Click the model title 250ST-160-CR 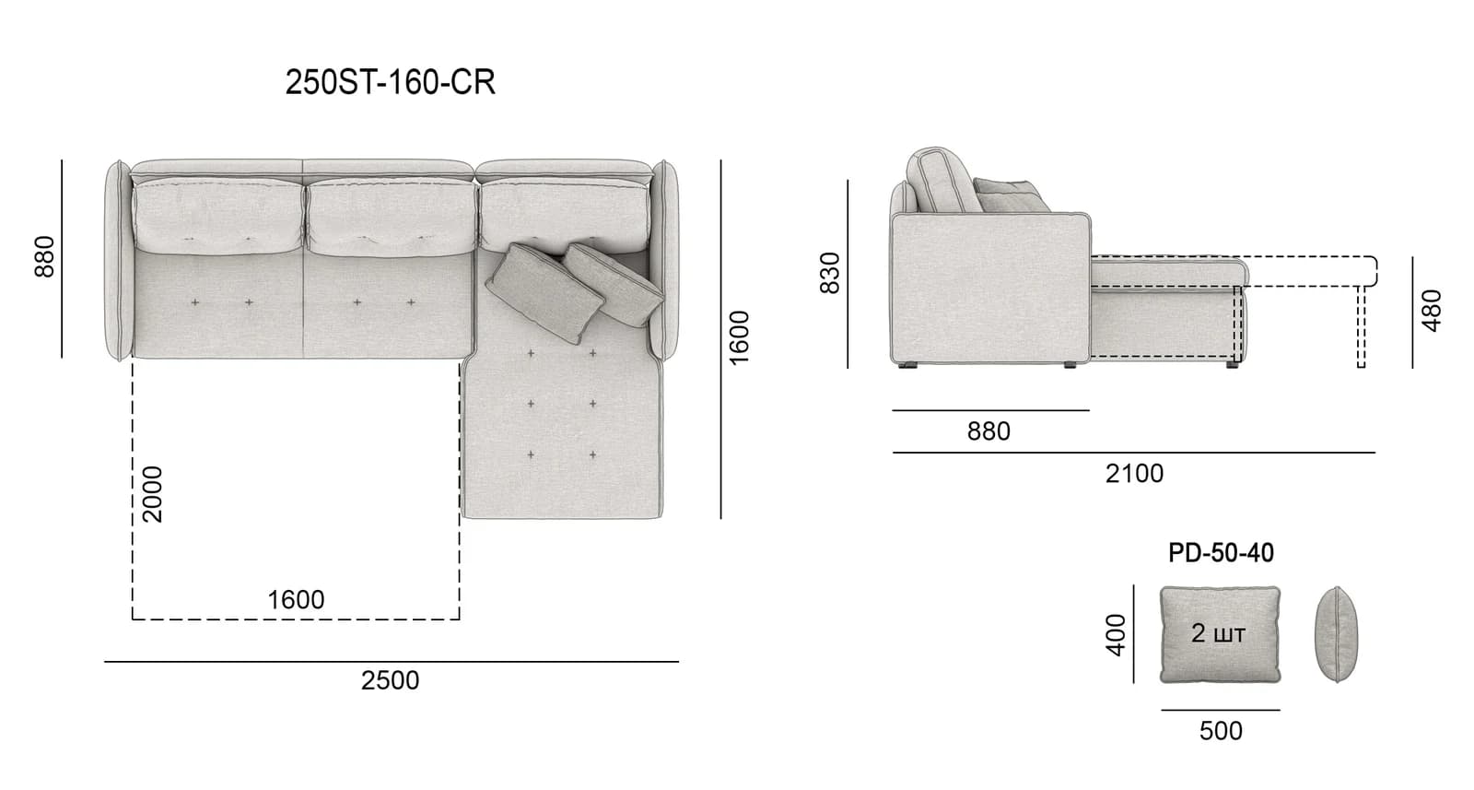click(x=391, y=83)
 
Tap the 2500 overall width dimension click(x=390, y=680)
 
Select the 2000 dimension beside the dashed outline click(x=153, y=494)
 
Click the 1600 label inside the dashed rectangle click(x=296, y=600)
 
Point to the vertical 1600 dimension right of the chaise click(x=740, y=337)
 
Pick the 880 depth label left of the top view click(x=45, y=257)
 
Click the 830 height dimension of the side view click(x=830, y=273)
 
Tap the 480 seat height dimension click(x=1432, y=311)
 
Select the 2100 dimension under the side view click(x=1134, y=474)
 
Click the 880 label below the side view click(x=989, y=431)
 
